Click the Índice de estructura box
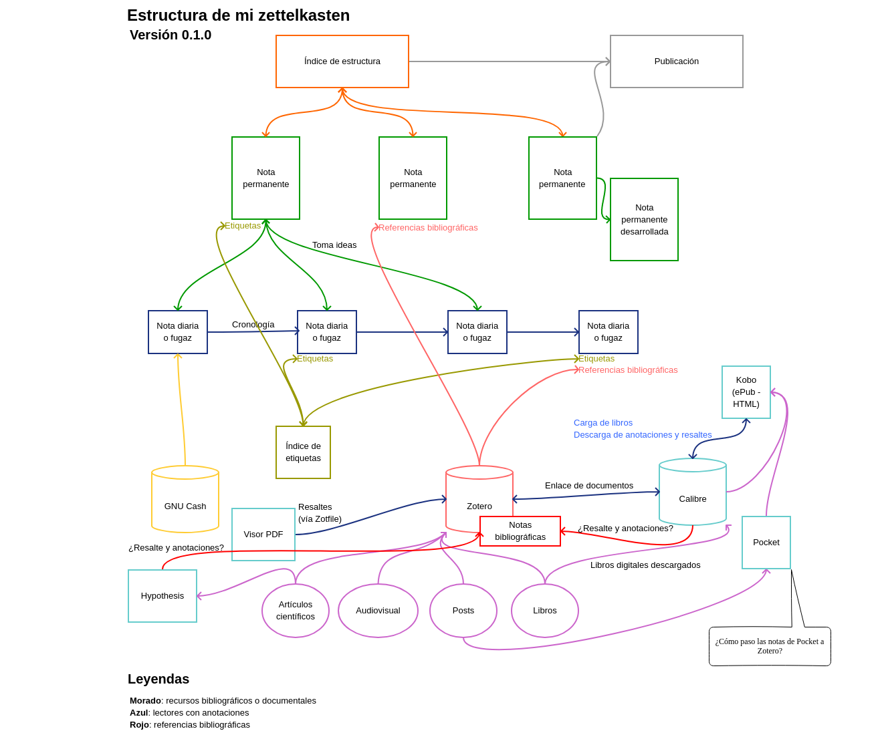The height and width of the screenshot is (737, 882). click(x=342, y=61)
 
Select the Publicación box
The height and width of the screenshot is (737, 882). click(x=676, y=61)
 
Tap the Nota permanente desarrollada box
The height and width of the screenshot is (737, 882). click(x=644, y=219)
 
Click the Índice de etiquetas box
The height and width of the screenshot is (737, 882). click(x=303, y=452)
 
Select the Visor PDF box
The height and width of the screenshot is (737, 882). click(x=263, y=535)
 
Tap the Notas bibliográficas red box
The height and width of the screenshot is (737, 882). click(x=520, y=531)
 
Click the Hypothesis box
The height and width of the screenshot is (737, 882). click(x=162, y=596)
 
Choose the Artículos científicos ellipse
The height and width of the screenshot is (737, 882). click(x=296, y=611)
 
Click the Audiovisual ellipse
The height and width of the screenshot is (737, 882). click(x=378, y=611)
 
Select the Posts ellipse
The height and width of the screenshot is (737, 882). click(x=463, y=611)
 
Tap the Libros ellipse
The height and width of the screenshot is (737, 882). click(x=545, y=611)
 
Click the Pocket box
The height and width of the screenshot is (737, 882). click(x=766, y=543)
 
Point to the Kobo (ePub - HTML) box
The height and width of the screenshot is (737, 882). click(x=746, y=392)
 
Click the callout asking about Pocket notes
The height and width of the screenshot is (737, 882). click(x=770, y=646)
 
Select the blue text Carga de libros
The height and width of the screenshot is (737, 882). click(x=603, y=423)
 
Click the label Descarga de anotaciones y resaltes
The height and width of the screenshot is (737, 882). click(x=643, y=435)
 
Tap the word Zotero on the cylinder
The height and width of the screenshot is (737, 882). click(x=479, y=506)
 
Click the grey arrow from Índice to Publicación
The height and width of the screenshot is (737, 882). click(x=508, y=61)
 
